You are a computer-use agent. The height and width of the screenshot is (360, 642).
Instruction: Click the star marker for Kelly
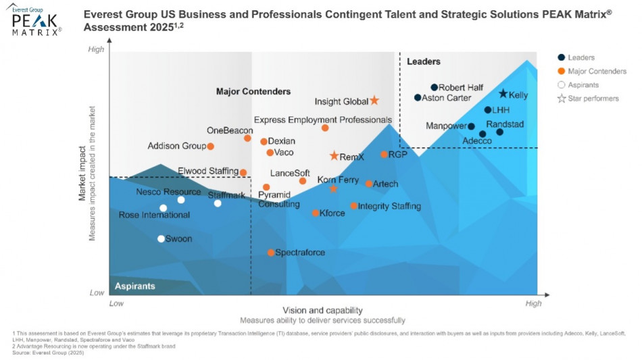click(503, 94)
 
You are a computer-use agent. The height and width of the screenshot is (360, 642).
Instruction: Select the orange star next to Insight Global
click(374, 101)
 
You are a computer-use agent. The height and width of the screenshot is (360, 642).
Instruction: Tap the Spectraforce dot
click(271, 253)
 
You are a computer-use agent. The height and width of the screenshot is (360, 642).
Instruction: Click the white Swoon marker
click(161, 238)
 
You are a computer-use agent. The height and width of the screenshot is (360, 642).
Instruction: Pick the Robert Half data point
click(435, 87)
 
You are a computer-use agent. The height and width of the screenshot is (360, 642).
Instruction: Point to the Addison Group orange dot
click(210, 146)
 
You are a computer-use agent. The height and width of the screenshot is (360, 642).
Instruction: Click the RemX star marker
click(334, 156)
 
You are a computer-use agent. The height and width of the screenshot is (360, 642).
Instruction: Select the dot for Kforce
click(316, 213)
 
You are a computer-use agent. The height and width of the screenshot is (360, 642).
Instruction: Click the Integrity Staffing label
click(389, 206)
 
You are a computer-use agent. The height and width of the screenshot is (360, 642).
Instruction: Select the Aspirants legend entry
click(583, 85)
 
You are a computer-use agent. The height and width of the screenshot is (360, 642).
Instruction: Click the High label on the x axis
click(533, 304)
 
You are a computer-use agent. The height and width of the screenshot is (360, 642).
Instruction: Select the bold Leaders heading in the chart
click(423, 62)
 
